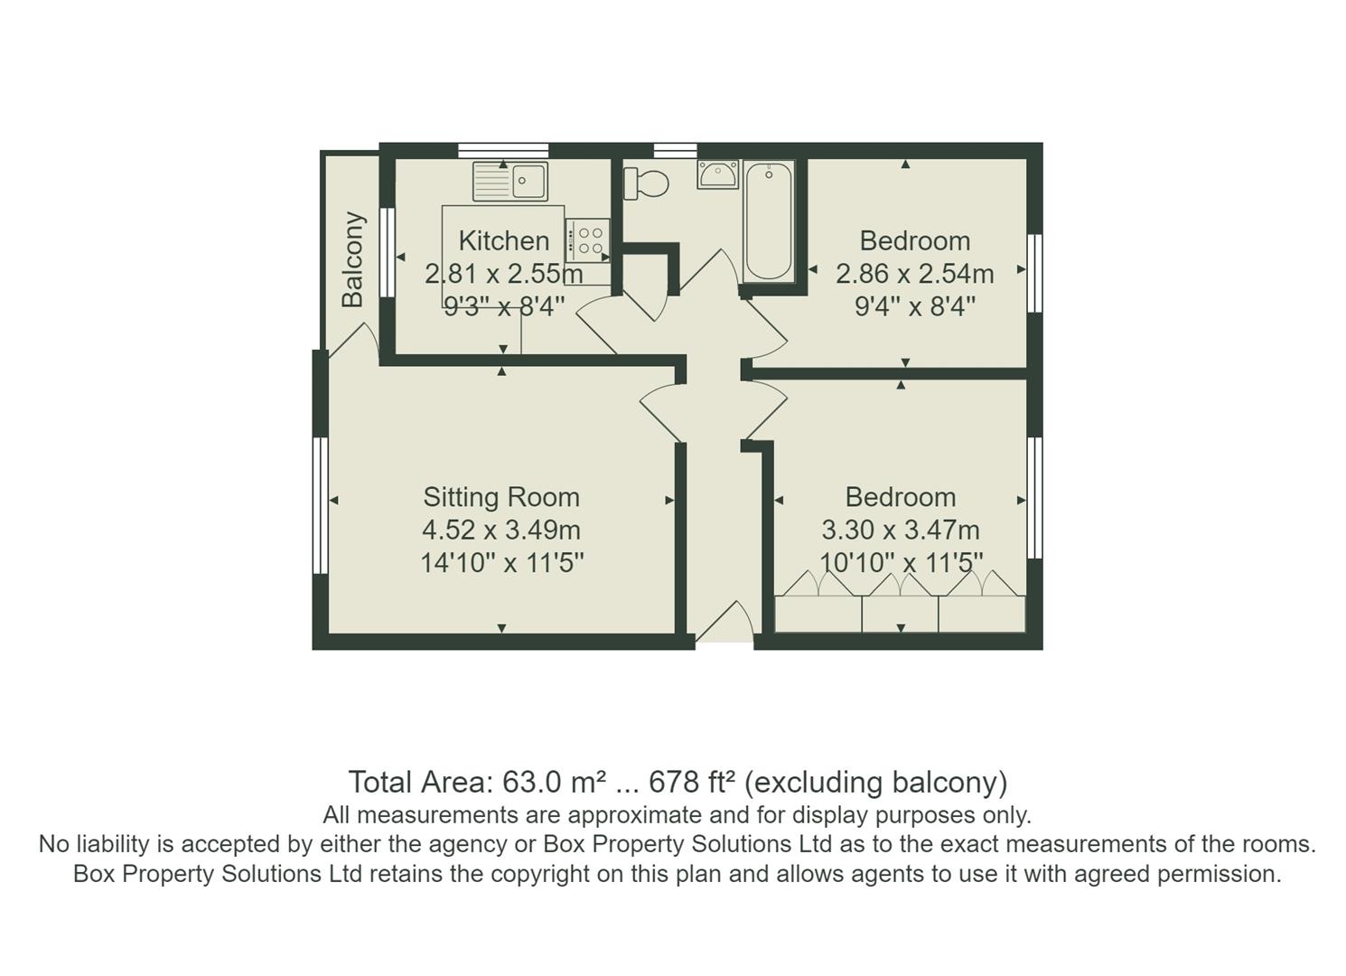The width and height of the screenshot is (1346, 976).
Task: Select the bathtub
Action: coord(769,221)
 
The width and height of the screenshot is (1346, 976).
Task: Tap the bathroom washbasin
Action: coord(717,174)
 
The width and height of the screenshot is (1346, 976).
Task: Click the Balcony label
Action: coord(352,259)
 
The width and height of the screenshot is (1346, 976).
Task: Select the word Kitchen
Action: coord(503,241)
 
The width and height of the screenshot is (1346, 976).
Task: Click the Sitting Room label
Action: coord(501,497)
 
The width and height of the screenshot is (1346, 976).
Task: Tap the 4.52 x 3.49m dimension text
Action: coord(501,530)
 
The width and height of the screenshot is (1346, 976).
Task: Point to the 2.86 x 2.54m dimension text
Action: coord(914,274)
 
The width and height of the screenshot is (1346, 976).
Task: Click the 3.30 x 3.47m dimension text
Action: coord(900,530)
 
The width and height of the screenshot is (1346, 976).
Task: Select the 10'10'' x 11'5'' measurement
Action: coord(901,563)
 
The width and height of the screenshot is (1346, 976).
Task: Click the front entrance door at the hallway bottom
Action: coord(724,624)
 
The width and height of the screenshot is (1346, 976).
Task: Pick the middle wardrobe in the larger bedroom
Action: coord(900,613)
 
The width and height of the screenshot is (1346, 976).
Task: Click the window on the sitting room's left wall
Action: coord(319,506)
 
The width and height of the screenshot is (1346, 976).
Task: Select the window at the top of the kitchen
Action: coord(502,150)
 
